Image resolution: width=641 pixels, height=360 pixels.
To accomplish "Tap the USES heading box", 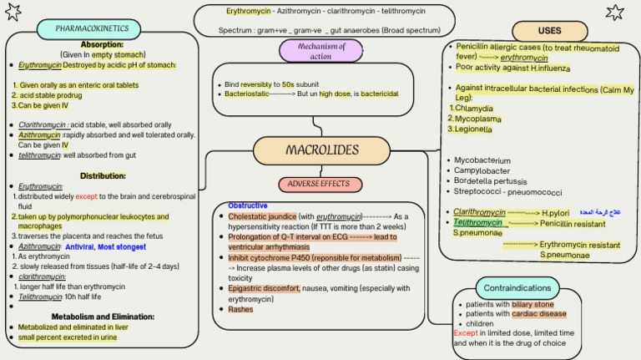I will click(x=549, y=31).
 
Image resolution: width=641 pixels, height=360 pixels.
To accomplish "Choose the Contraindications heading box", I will click(x=517, y=288).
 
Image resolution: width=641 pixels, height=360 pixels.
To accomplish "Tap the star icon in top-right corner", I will click(x=615, y=11).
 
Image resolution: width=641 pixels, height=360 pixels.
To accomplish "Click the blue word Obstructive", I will click(x=248, y=205).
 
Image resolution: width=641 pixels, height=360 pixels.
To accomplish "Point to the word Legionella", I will click(x=472, y=129).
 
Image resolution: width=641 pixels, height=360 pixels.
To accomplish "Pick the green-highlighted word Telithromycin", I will click(x=478, y=223).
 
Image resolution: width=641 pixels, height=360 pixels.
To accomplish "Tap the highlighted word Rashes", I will click(x=240, y=309).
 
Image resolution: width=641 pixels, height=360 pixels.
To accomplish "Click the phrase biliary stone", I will click(x=532, y=305).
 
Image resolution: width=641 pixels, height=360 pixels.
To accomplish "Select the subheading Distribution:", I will click(x=103, y=176).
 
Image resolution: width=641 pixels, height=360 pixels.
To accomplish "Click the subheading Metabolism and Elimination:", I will click(x=103, y=317).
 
